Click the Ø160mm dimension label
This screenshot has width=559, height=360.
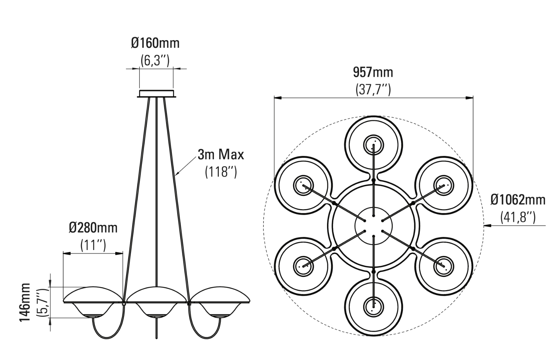[155, 43]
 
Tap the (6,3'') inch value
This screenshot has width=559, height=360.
[155, 60]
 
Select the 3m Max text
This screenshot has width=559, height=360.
[220, 154]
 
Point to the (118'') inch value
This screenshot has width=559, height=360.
[221, 172]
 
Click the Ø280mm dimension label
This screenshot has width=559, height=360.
[93, 228]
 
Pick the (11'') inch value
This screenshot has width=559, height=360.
[93, 245]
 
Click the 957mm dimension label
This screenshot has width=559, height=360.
[373, 72]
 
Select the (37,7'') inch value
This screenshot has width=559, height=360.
[373, 89]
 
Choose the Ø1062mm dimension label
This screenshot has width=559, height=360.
[518, 200]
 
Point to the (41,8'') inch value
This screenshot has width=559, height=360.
[518, 217]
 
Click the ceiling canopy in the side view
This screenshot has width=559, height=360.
[157, 94]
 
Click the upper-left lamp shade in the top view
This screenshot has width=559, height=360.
[303, 185]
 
